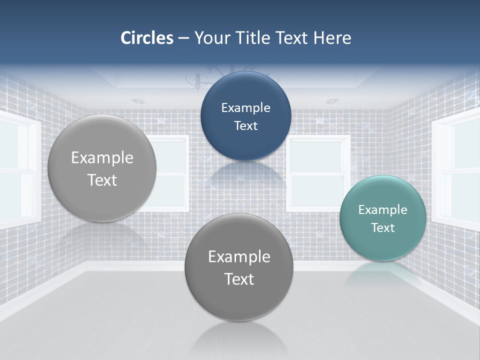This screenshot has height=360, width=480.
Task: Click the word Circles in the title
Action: coord(146,38)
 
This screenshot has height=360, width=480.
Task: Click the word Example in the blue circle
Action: coord(245,107)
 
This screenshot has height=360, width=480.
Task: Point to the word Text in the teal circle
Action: coord(383,228)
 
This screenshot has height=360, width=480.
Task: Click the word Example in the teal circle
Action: coord(382,209)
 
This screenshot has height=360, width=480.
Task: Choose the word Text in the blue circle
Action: coord(245,125)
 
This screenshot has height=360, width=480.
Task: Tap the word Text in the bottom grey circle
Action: coord(239,279)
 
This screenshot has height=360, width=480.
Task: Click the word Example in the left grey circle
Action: coord(102,157)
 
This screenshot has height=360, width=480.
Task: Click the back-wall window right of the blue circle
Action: coord(318,172)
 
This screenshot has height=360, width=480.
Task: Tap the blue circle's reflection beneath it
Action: coord(246,175)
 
